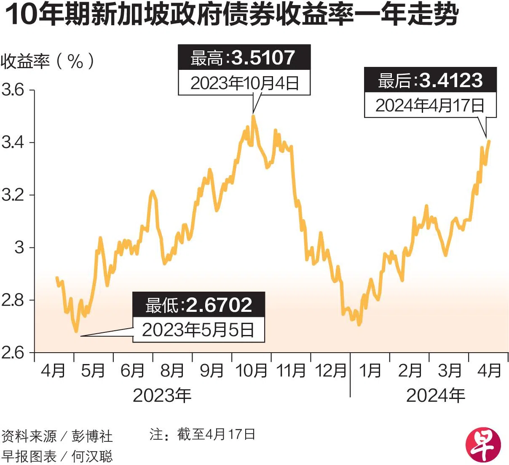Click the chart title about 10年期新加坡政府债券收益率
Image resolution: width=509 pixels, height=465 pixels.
(x=231, y=16)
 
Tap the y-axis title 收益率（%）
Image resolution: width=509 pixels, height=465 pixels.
(x=47, y=62)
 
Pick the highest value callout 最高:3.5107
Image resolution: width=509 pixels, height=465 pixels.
(x=244, y=58)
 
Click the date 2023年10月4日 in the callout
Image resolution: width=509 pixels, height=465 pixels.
(x=244, y=83)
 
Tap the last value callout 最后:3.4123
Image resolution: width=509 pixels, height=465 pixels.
(x=430, y=80)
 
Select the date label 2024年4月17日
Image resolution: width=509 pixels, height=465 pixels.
(x=430, y=105)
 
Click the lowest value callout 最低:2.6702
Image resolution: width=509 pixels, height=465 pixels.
(x=198, y=305)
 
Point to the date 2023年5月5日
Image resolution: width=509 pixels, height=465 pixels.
(x=198, y=330)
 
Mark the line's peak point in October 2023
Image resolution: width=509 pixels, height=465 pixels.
(x=253, y=116)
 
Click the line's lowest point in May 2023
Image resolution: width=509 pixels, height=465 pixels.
(x=76, y=332)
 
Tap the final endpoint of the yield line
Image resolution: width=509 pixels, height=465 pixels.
(x=489, y=141)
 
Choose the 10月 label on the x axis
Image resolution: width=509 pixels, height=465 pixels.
(x=251, y=371)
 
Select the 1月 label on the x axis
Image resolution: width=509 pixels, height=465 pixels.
(x=370, y=371)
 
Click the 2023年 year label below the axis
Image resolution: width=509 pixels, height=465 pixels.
(x=162, y=396)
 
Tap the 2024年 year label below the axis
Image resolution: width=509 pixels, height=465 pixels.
(x=436, y=396)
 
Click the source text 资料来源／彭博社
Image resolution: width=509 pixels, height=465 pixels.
(x=57, y=436)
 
